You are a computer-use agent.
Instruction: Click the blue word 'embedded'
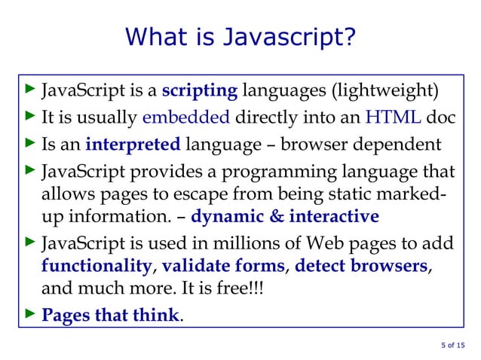click(x=185, y=117)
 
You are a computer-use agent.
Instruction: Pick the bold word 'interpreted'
click(x=133, y=143)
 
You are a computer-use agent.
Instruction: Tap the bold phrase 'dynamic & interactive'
click(x=285, y=218)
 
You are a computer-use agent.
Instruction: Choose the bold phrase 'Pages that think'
click(x=110, y=315)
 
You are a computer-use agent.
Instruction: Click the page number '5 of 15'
click(x=453, y=346)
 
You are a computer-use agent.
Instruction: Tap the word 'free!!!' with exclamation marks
click(x=240, y=291)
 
